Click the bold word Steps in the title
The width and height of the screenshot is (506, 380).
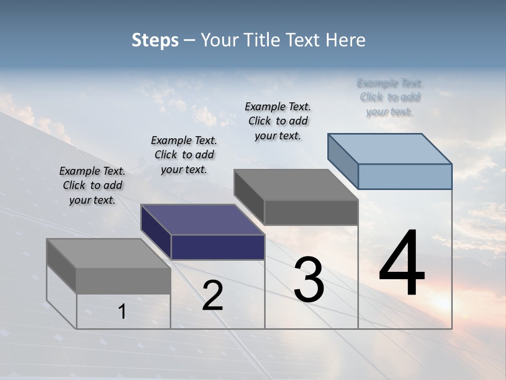[x=155, y=40]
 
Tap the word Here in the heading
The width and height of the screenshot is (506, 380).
[x=346, y=40]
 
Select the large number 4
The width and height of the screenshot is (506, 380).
[x=402, y=264]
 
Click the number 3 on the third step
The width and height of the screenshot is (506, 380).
[x=309, y=280]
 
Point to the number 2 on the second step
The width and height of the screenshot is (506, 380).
[x=212, y=296]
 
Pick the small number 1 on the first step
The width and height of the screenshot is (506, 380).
[x=122, y=312]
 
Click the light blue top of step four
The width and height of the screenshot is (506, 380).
[x=390, y=148]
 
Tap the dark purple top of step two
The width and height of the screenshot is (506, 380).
[x=203, y=220]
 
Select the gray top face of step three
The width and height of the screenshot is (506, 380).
[x=296, y=185]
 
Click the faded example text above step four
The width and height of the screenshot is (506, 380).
[x=391, y=97]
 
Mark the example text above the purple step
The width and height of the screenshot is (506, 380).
[x=184, y=155]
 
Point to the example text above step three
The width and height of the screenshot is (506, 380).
[x=278, y=121]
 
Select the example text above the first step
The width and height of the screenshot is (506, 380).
[x=92, y=185]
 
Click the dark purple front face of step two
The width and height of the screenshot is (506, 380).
[x=218, y=247]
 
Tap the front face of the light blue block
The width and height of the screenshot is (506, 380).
[x=405, y=176]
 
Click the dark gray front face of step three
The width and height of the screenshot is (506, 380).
[x=311, y=212]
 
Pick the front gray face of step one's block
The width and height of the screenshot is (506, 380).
[x=123, y=281]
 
